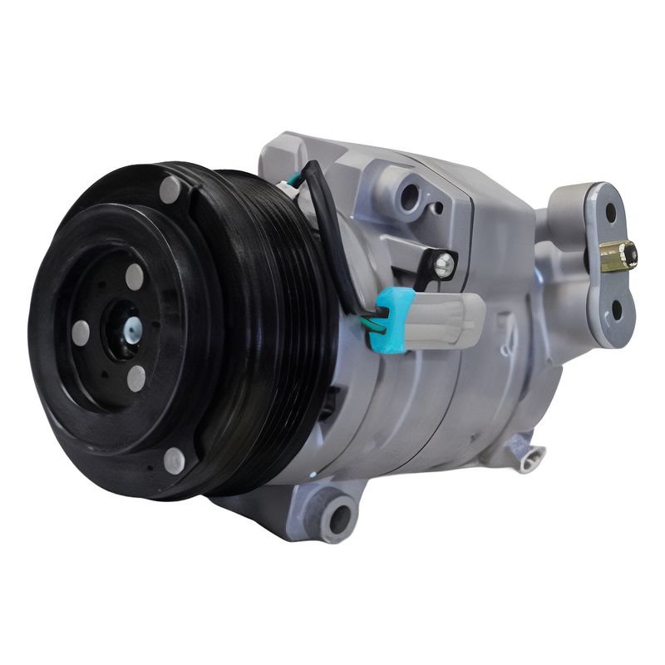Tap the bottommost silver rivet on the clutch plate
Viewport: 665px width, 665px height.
pyautogui.click(x=174, y=460)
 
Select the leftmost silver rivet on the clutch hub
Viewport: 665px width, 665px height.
pyautogui.click(x=81, y=332)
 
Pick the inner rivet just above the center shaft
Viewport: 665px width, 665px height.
pyautogui.click(x=134, y=277)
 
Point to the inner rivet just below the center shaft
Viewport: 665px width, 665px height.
pyautogui.click(x=135, y=378)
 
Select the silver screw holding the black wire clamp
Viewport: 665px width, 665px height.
pyautogui.click(x=445, y=264)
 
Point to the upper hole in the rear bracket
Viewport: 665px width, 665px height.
pyautogui.click(x=611, y=213)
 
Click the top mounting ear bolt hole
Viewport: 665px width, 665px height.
pyautogui.click(x=409, y=197)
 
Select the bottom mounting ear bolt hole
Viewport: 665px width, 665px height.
pyautogui.click(x=339, y=518)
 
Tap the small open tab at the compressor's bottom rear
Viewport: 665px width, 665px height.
pyautogui.click(x=525, y=452)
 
